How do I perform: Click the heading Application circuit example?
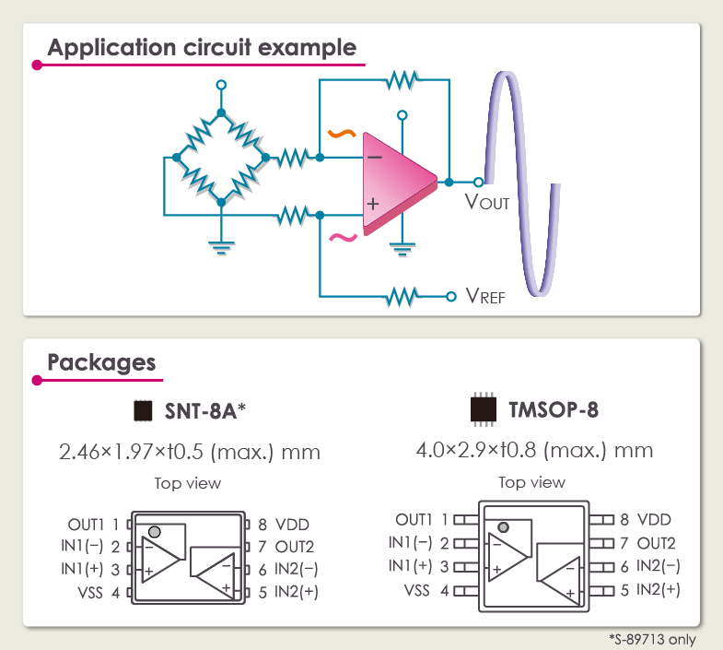pyautogui.click(x=202, y=47)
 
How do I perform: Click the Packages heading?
pyautogui.click(x=101, y=361)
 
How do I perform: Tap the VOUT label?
pyautogui.click(x=486, y=201)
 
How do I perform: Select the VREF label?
pyautogui.click(x=485, y=296)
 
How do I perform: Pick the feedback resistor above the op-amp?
pyautogui.click(x=402, y=80)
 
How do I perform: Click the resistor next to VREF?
pyautogui.click(x=402, y=296)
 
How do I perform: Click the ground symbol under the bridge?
pyautogui.click(x=220, y=247)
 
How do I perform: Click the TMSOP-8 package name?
pyautogui.click(x=554, y=409)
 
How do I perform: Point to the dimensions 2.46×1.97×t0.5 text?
pyautogui.click(x=190, y=452)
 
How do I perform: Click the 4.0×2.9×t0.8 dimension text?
pyautogui.click(x=534, y=451)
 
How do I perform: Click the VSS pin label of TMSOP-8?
pyautogui.click(x=417, y=589)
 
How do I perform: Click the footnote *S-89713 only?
pyautogui.click(x=652, y=639)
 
